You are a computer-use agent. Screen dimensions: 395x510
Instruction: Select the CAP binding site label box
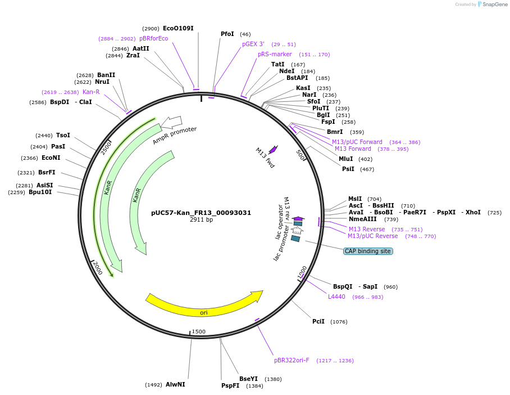[368, 251]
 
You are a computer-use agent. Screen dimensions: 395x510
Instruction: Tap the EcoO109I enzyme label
[178, 28]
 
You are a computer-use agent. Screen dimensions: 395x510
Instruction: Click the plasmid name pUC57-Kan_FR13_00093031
[201, 213]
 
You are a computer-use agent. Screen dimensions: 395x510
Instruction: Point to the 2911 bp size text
[201, 219]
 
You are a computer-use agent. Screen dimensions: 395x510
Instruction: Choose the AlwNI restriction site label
[175, 384]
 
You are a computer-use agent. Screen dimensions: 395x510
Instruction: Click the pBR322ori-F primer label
[292, 360]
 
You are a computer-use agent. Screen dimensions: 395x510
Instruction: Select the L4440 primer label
[336, 297]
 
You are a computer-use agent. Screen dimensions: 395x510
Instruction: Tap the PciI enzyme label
[318, 321]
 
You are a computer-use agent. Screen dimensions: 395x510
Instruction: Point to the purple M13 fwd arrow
[274, 149]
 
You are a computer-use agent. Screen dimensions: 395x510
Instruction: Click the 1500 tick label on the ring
[199, 331]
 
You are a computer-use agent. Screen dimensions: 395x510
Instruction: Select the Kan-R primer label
[91, 92]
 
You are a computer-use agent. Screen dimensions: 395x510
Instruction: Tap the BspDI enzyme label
[60, 102]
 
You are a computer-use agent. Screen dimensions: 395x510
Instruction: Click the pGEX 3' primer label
[253, 44]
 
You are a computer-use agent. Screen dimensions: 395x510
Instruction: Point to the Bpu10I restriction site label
[40, 192]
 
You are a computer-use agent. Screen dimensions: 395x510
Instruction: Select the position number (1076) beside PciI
[339, 322]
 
